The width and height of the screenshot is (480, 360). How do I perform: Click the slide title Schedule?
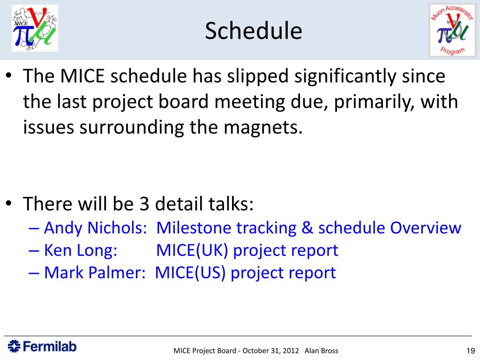point(254,30)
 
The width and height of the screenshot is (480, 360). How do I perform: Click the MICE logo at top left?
point(35,28)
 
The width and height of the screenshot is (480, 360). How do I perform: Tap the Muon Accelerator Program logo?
point(452,30)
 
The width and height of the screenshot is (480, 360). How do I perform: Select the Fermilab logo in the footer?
point(42,346)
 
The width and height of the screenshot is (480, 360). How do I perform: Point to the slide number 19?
point(471,351)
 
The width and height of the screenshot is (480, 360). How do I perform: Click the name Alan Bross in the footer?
point(322,351)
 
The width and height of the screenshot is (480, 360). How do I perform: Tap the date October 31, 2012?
point(270,351)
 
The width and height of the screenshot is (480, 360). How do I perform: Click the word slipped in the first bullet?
point(257,76)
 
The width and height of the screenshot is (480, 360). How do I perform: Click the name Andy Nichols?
point(96,228)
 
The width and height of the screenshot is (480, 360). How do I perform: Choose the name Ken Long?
point(81,251)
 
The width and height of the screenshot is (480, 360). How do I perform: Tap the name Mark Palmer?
point(95,273)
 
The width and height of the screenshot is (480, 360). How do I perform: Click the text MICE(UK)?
point(192,251)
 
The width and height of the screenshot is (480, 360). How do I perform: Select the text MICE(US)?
point(190,273)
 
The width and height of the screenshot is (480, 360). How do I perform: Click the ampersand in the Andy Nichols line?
point(307,228)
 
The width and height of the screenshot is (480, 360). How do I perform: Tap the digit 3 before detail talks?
point(144,204)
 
